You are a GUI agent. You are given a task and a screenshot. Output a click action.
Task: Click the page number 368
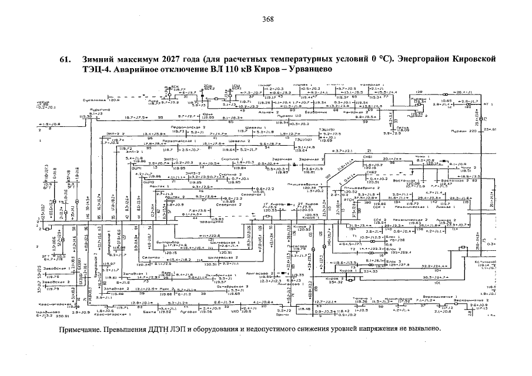(268, 19)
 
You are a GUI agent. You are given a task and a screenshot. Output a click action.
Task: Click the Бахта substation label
(149, 313)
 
